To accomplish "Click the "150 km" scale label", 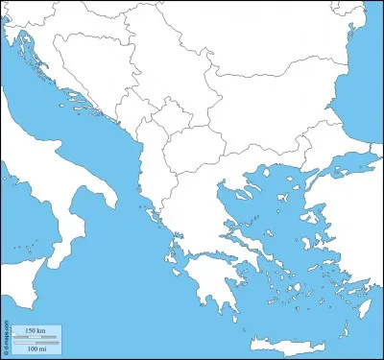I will [x=34, y=330].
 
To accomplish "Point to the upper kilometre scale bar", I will [x=34, y=336].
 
